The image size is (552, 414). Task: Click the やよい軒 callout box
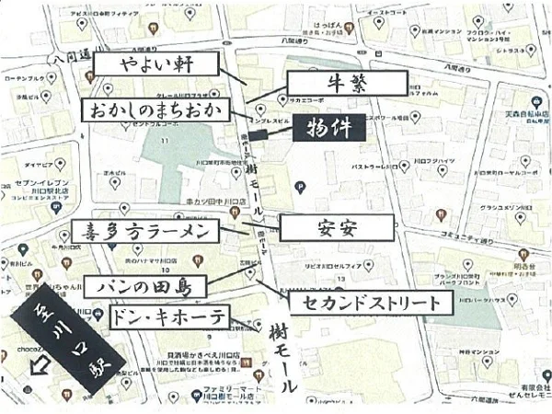(168, 63)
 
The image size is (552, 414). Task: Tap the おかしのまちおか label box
(156, 110)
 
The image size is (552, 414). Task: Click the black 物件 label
(328, 127)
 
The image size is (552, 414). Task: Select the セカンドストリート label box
(372, 301)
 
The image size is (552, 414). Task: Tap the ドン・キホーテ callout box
(168, 317)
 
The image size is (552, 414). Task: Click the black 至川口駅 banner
(57, 333)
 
